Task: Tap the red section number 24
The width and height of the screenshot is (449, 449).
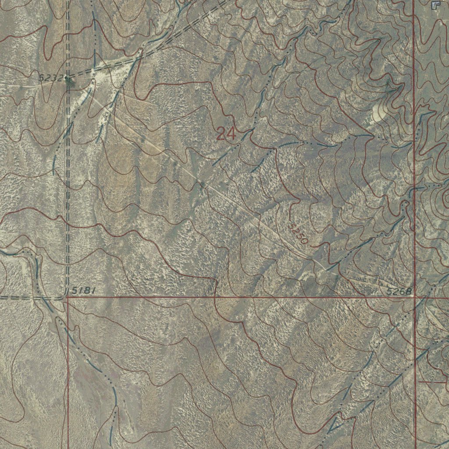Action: click(x=226, y=134)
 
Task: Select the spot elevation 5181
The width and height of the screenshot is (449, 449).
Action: click(x=84, y=290)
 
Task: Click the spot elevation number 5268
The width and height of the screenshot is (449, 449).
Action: click(x=399, y=291)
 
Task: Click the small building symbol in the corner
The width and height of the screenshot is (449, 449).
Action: click(x=435, y=5)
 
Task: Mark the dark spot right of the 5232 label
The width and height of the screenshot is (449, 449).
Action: click(x=68, y=79)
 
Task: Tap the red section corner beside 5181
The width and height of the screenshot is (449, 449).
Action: click(x=66, y=297)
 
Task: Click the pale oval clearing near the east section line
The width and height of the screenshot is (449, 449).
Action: click(x=378, y=112)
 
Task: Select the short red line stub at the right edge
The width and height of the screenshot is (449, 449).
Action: click(x=432, y=382)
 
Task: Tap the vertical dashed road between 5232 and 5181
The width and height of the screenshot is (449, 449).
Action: click(x=67, y=184)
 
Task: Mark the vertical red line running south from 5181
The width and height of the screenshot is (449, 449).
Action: click(x=68, y=373)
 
